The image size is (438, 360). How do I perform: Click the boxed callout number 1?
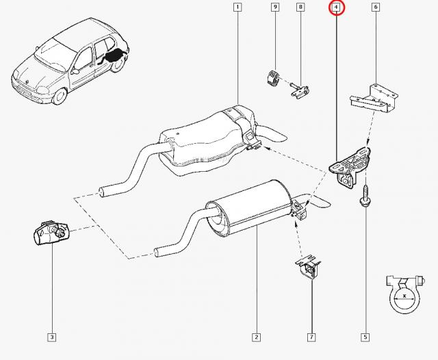tap(237, 7)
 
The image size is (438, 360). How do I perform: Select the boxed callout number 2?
tap(256, 337)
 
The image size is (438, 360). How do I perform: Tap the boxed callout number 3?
tap(52, 337)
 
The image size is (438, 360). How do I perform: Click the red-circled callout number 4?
tap(337, 7)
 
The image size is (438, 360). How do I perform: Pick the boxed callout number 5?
tap(365, 337)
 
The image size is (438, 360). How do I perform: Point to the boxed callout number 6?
tap(376, 7)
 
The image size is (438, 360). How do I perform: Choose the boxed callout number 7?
tap(311, 337)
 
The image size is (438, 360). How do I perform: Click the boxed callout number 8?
tap(300, 7)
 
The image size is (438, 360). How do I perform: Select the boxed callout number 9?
tap(275, 7)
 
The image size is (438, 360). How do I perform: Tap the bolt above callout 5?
tap(365, 196)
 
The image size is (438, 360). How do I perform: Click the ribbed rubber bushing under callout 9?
tap(272, 79)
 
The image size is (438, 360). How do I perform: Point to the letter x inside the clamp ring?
tap(404, 295)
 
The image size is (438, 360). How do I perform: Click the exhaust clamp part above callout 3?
tap(51, 233)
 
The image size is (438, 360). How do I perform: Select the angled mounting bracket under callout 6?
tap(374, 99)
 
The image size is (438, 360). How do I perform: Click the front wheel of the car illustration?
tap(60, 96)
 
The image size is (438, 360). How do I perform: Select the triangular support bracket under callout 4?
tap(350, 167)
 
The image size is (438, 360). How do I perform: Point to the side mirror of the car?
tap(75, 72)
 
